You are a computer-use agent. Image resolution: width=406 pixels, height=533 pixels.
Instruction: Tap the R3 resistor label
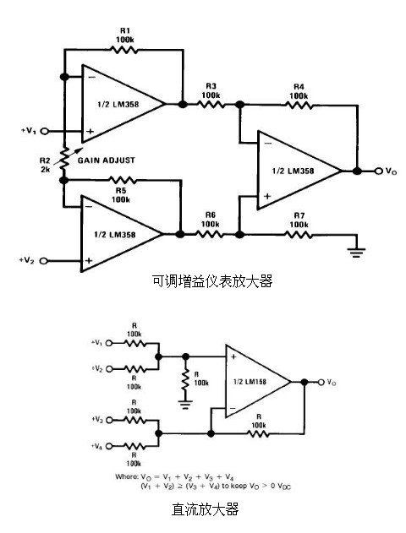(211, 91)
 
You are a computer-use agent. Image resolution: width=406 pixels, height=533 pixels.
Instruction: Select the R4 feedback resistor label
(298, 91)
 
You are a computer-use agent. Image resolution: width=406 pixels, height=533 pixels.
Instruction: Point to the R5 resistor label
(121, 195)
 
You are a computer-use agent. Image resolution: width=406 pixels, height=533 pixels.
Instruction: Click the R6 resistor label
(211, 220)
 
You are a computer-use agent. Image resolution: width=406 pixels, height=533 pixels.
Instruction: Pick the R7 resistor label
(298, 220)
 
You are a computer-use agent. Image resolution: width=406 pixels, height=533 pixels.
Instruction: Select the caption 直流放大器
(206, 509)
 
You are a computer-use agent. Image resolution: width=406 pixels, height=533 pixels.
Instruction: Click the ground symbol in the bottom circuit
(184, 402)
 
